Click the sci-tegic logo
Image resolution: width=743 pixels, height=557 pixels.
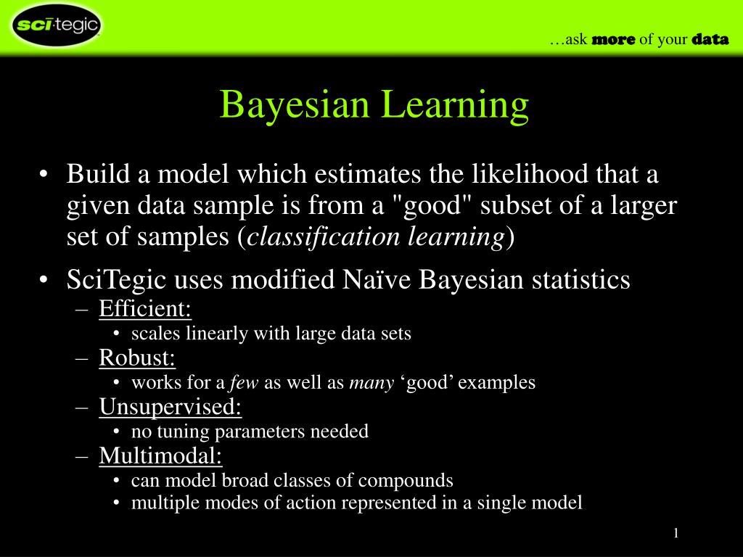point(56,26)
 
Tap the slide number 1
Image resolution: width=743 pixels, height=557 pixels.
point(676,534)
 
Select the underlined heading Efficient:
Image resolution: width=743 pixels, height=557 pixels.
point(145,310)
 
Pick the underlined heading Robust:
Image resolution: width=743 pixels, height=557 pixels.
point(137,358)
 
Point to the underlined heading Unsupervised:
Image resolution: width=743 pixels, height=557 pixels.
point(171,408)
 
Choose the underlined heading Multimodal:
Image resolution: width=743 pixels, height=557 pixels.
point(161,456)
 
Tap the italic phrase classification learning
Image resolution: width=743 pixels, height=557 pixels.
point(376,237)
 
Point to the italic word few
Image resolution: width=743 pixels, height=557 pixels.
point(245,383)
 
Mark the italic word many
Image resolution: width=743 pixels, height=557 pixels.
point(371,383)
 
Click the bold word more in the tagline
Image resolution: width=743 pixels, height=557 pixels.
point(613,39)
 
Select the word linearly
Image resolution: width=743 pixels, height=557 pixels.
point(212,334)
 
